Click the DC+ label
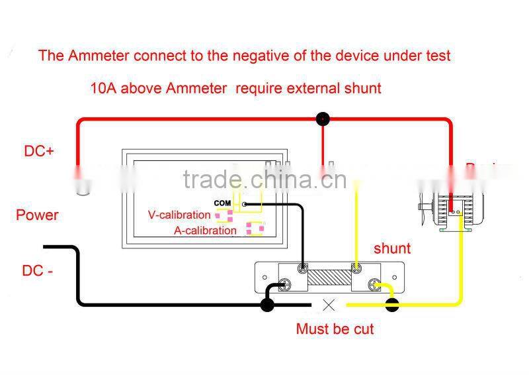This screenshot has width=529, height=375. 39,151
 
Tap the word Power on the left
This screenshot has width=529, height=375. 37,215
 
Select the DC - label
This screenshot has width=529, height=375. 37,270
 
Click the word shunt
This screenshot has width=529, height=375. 392,248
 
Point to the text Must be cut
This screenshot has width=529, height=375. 335,329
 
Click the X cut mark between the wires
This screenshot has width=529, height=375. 328,305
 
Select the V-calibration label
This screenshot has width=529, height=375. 179,215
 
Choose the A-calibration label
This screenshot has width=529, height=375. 205,231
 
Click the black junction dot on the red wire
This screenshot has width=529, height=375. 323,119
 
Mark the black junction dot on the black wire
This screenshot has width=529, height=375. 267,305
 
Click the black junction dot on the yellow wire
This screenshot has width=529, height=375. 392,305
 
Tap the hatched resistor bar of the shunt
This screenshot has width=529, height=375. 329,277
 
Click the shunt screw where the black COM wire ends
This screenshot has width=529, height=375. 302,268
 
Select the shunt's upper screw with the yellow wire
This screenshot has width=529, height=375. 356,268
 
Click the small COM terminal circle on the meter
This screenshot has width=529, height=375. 245,204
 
